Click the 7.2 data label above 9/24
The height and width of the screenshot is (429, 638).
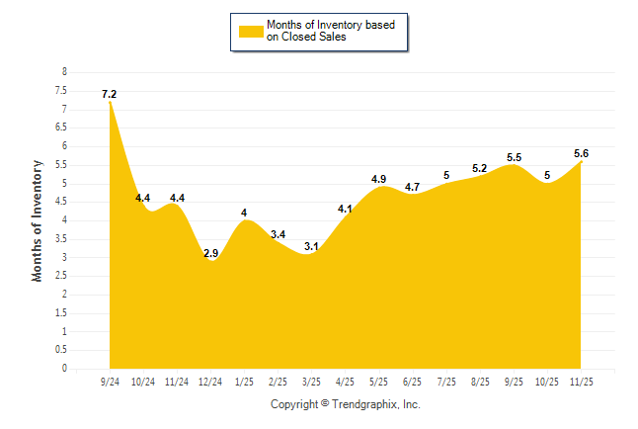click(109, 94)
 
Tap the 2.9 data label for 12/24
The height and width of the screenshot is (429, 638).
click(210, 254)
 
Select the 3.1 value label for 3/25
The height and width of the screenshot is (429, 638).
click(312, 246)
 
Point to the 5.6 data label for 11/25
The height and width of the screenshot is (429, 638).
click(581, 153)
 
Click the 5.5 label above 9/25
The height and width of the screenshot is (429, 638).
click(514, 157)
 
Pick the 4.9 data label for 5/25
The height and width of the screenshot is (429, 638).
click(379, 179)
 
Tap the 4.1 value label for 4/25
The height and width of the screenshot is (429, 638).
click(346, 209)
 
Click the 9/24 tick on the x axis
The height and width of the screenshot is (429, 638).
click(110, 381)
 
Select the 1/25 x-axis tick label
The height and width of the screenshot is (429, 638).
click(245, 381)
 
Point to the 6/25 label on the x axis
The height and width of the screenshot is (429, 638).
click(413, 381)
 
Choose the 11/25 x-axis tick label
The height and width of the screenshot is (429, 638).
click(582, 381)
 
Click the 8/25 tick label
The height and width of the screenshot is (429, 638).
click(481, 381)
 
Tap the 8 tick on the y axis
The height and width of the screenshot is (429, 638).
click(64, 72)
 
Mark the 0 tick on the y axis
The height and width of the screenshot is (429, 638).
click(64, 369)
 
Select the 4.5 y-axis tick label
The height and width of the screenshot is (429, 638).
click(62, 202)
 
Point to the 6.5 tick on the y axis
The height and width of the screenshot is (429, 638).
click(62, 128)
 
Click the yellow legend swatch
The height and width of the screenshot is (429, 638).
click(251, 31)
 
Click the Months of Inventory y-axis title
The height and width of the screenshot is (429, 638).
click(38, 220)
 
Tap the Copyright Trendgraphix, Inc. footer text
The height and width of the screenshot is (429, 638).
click(346, 404)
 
